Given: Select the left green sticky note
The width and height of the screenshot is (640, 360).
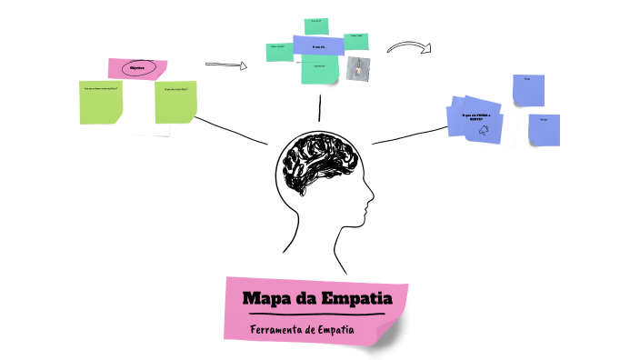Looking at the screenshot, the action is pos(101,102).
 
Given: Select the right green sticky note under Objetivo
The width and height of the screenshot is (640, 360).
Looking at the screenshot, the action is pos(175,102).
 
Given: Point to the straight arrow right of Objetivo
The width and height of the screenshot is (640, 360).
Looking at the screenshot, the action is pos(226,65).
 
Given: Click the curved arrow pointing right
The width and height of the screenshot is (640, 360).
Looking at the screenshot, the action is pos(408,47).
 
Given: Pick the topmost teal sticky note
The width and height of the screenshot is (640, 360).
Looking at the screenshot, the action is pos(317,25).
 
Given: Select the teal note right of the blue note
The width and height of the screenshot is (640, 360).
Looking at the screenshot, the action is pos(356,41).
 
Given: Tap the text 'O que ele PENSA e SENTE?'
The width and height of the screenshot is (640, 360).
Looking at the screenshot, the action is pos(476,116).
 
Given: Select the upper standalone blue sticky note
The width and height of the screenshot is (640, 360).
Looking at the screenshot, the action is pos(528,89).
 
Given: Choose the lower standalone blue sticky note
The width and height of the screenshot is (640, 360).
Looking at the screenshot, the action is pos(544,129).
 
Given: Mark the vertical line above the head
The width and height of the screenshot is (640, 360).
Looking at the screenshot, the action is pos(319,107).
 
